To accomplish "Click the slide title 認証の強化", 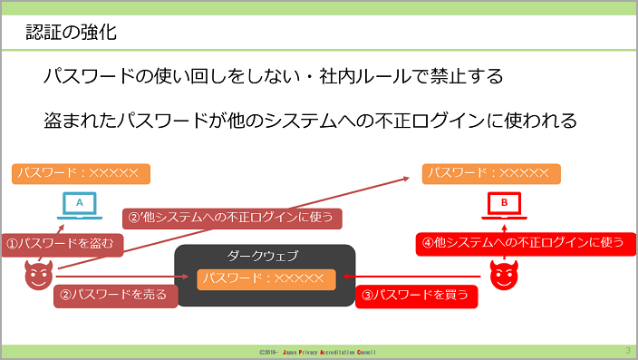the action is [72, 32].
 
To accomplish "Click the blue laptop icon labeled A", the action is [80, 205].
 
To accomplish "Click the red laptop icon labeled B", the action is [504, 205].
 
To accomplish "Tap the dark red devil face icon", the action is [39, 275].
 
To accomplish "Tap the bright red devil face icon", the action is [504, 275].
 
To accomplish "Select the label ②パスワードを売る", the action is [116, 296].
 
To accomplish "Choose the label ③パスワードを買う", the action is [416, 296].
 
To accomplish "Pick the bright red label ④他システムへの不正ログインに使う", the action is [526, 244].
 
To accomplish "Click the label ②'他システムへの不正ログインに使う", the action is [232, 219].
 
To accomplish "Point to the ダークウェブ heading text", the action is [263, 256].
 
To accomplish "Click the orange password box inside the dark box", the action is [266, 279].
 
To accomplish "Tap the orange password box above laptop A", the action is [81, 174].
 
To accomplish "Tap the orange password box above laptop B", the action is [491, 174].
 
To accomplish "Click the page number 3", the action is [628, 351].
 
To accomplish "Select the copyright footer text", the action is [317, 352].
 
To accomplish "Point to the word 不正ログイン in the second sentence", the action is [430, 121].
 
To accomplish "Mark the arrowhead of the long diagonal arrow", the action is [406, 179].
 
